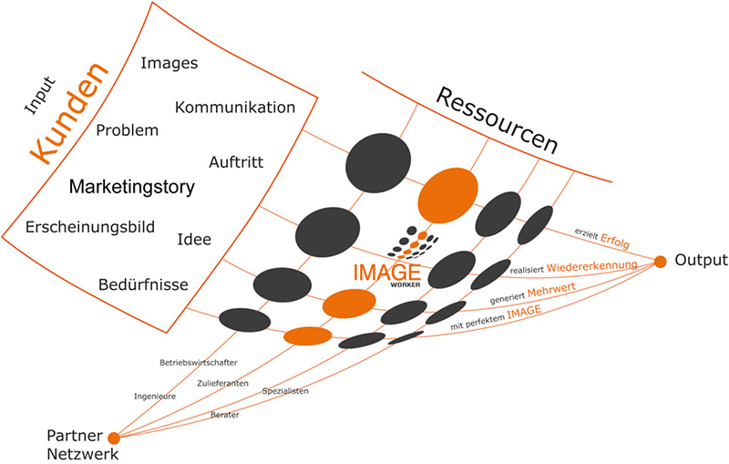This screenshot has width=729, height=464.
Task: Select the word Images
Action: tap(169, 64)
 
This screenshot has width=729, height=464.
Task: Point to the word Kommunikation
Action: tap(235, 108)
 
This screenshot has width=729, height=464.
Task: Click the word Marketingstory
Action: tap(132, 188)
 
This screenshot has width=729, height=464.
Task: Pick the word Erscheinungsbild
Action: tap(90, 227)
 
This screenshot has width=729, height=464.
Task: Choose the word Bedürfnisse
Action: tap(143, 285)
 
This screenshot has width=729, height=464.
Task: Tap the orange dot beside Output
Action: tap(661, 263)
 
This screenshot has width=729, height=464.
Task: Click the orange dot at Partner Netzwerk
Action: tap(114, 438)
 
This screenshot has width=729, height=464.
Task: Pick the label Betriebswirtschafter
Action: tap(191, 362)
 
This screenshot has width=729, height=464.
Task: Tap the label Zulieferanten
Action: tap(223, 382)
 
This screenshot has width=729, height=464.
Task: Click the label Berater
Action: tap(224, 415)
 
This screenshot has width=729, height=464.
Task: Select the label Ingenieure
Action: tap(155, 397)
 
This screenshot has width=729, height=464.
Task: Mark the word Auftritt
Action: tap(235, 162)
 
